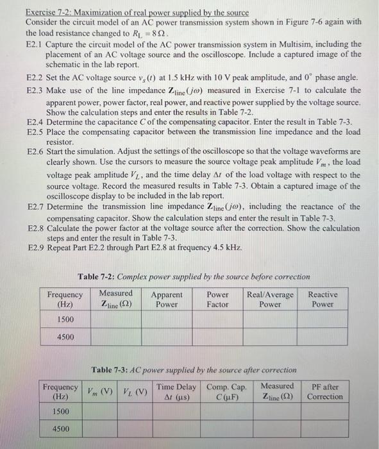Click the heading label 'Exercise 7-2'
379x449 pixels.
click(x=49, y=12)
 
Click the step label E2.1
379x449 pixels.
click(x=35, y=44)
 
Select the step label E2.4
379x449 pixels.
click(x=35, y=121)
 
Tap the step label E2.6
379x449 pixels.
click(x=35, y=151)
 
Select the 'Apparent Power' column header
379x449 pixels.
click(x=167, y=300)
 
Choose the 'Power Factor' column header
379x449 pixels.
click(x=217, y=300)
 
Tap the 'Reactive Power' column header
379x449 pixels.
click(x=323, y=300)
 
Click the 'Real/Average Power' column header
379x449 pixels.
click(x=270, y=300)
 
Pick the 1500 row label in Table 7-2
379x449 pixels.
click(x=65, y=319)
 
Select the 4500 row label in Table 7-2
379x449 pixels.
click(x=65, y=337)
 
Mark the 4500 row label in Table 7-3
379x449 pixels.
click(x=60, y=429)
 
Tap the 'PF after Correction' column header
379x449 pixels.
click(x=325, y=391)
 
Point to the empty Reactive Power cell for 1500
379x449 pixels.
click(x=323, y=319)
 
